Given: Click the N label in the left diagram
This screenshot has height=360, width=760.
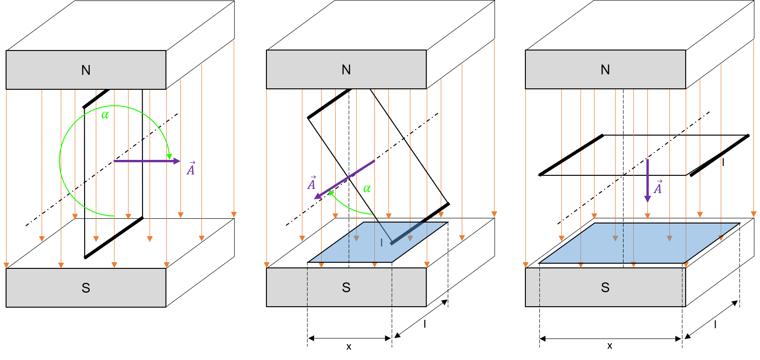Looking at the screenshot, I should pyautogui.click(x=86, y=70).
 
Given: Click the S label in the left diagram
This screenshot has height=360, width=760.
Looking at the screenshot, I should pyautogui.click(x=86, y=288).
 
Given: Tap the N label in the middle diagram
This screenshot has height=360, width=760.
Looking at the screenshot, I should pyautogui.click(x=346, y=70).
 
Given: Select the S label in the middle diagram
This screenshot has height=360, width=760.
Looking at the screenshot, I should pyautogui.click(x=346, y=288).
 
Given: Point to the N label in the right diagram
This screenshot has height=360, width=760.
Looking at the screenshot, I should pyautogui.click(x=605, y=70).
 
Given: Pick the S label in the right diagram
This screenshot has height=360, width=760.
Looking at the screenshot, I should pyautogui.click(x=605, y=288).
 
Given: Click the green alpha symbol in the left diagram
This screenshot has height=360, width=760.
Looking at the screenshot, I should pyautogui.click(x=105, y=115).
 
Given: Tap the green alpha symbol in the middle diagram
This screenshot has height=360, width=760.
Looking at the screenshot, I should pyautogui.click(x=367, y=188).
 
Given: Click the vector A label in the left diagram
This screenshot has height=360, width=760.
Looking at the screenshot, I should pyautogui.click(x=191, y=168).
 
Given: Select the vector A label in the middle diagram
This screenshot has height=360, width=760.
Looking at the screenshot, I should pyautogui.click(x=312, y=183).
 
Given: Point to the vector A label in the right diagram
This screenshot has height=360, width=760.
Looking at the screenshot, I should pyautogui.click(x=658, y=187).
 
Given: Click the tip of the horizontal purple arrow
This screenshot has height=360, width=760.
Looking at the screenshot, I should pyautogui.click(x=180, y=161).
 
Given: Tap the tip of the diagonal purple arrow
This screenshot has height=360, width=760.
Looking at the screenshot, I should pyautogui.click(x=315, y=199).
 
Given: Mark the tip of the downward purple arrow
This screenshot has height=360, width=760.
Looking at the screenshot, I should pyautogui.click(x=647, y=202).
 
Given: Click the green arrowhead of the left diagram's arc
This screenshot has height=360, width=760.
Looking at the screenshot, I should pyautogui.click(x=169, y=157).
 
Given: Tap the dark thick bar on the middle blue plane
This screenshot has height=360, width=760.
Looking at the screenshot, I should pyautogui.click(x=407, y=233).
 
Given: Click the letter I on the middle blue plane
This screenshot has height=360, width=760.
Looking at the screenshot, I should pyautogui.click(x=381, y=242).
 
